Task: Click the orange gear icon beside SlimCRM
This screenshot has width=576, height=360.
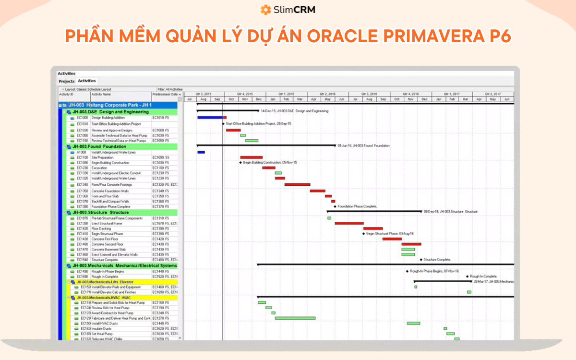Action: click(x=265, y=10)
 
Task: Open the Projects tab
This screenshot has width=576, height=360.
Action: click(x=67, y=81)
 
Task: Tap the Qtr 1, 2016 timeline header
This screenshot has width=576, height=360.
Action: click(x=286, y=94)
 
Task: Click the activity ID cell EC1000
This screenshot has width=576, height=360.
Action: click(x=82, y=118)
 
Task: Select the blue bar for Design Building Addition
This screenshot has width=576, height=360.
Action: click(x=210, y=117)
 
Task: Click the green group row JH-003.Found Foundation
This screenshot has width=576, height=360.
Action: click(x=99, y=146)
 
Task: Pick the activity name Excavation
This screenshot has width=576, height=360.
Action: click(x=99, y=168)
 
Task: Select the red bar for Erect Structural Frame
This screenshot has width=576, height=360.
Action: click(x=349, y=223)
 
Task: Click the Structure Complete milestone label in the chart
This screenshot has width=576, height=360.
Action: click(x=437, y=260)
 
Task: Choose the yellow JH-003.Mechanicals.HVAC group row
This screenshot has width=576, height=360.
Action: click(x=103, y=298)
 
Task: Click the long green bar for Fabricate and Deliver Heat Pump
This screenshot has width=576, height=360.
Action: click(x=295, y=318)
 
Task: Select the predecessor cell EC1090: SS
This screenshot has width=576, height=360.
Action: click(x=160, y=157)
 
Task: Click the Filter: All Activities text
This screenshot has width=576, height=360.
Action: click(x=170, y=89)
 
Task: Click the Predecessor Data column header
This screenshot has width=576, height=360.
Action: click(x=165, y=95)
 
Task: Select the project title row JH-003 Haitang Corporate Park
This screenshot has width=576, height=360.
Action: click(x=110, y=105)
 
